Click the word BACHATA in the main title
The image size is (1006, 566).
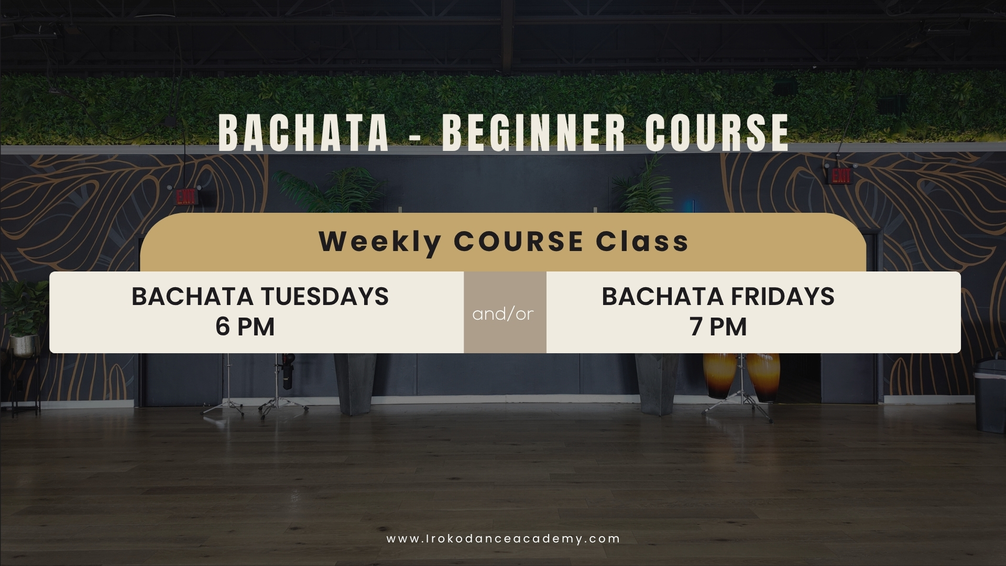coord(303,133)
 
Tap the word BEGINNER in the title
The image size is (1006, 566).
coord(534,133)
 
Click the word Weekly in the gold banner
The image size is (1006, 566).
coord(380,242)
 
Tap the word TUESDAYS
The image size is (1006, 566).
coord(325,296)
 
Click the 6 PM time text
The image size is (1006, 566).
coord(245,326)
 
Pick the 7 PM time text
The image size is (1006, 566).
coord(718,326)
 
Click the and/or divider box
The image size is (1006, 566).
coord(505,312)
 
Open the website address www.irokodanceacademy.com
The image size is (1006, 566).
coord(504,539)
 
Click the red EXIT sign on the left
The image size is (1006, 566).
coord(185,197)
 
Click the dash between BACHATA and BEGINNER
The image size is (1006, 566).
coord(415,135)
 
